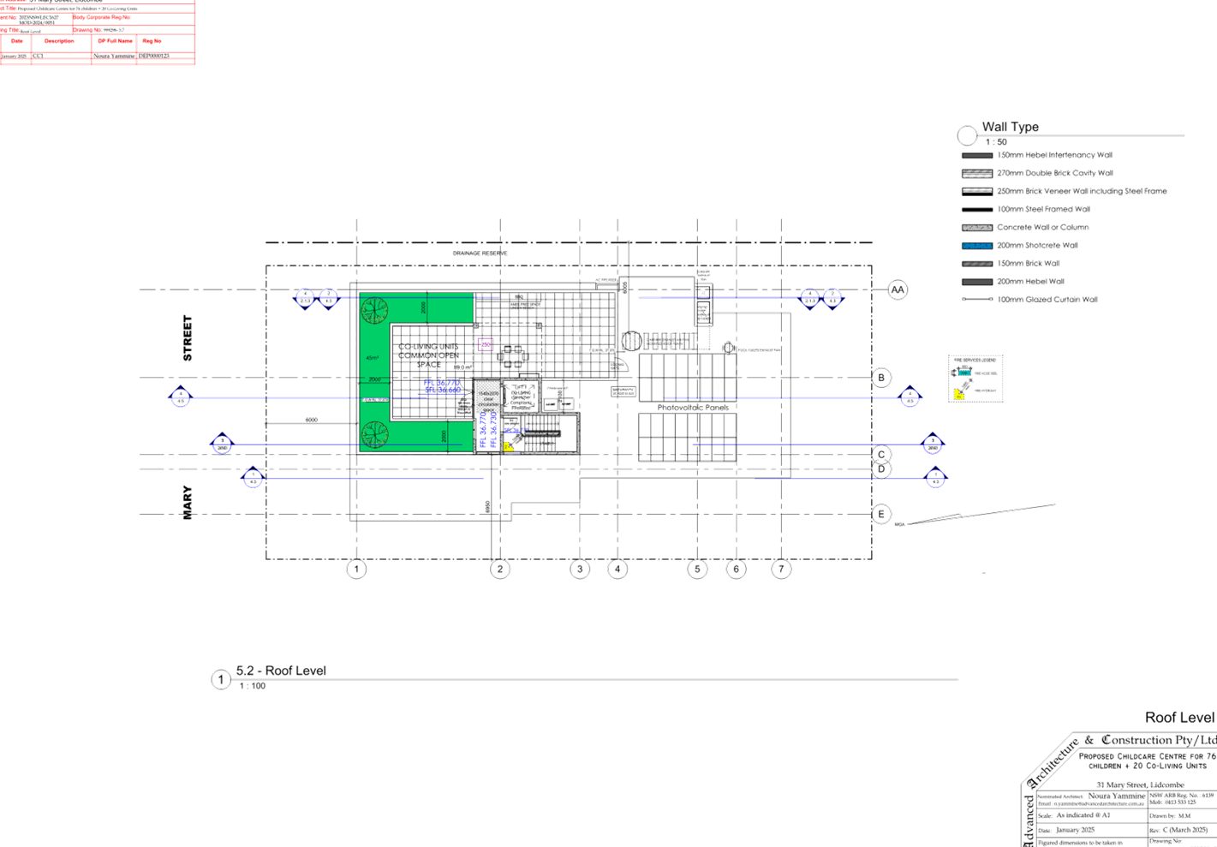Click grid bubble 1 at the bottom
pyautogui.click(x=356, y=569)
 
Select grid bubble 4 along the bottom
pyautogui.click(x=617, y=569)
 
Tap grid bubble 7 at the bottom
pyautogui.click(x=780, y=569)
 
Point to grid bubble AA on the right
pyautogui.click(x=897, y=290)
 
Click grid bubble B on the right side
pyautogui.click(x=882, y=377)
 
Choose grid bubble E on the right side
pyautogui.click(x=881, y=514)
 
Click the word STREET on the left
pyautogui.click(x=188, y=337)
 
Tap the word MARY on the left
pyautogui.click(x=188, y=503)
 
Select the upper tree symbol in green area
pyautogui.click(x=374, y=310)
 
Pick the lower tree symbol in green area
pyautogui.click(x=374, y=434)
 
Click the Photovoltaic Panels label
pyautogui.click(x=692, y=408)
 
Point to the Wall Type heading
pyautogui.click(x=1010, y=128)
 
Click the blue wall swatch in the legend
pyautogui.click(x=976, y=246)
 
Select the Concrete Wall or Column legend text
pyautogui.click(x=1042, y=228)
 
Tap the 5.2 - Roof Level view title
pyautogui.click(x=281, y=671)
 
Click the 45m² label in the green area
pyautogui.click(x=372, y=358)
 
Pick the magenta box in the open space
pyautogui.click(x=485, y=345)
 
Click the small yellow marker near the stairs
pyautogui.click(x=508, y=446)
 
